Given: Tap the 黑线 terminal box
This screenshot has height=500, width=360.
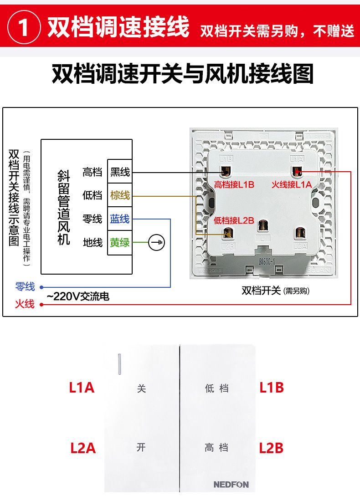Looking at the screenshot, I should pyautogui.click(x=119, y=172).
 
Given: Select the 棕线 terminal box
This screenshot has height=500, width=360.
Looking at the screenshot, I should pyautogui.click(x=119, y=195).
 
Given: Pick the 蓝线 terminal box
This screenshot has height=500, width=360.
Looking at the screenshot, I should pyautogui.click(x=119, y=219).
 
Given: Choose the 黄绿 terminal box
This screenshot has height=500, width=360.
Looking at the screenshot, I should pyautogui.click(x=119, y=243).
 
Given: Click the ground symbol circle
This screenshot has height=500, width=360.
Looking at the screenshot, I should pyautogui.click(x=157, y=243).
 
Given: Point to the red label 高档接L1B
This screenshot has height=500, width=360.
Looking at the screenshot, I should pyautogui.click(x=234, y=185).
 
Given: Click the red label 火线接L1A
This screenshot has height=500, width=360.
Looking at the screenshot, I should pyautogui.click(x=292, y=185).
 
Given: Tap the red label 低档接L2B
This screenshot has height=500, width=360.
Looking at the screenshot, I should pyautogui.click(x=234, y=220).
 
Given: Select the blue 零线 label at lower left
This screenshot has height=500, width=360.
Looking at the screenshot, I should pyautogui.click(x=25, y=287).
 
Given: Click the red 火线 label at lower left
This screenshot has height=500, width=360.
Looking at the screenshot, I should pyautogui.click(x=25, y=304).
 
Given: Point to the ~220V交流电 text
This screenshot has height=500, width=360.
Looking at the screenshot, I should pyautogui.click(x=78, y=297).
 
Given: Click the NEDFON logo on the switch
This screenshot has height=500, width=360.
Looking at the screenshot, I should pyautogui.click(x=231, y=485).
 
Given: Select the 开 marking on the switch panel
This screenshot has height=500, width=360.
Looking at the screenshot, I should pyautogui.click(x=141, y=447).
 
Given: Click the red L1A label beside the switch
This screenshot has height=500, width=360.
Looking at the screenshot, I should pyautogui.click(x=82, y=388).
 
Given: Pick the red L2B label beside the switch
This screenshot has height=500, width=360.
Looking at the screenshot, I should pyautogui.click(x=271, y=448).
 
